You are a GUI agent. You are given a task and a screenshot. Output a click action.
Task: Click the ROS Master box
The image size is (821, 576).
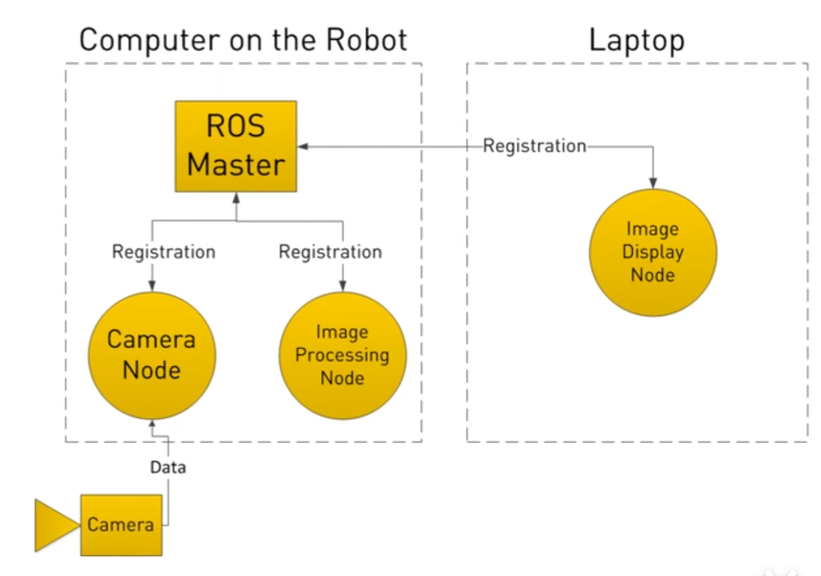236,146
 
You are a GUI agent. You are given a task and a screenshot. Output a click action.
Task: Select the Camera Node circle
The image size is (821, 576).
152,355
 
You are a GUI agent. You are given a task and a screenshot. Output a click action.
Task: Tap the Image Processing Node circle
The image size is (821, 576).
342,355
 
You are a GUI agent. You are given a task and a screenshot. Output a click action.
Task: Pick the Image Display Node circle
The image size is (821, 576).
653,252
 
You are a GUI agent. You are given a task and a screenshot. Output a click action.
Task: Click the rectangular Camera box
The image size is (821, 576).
121,525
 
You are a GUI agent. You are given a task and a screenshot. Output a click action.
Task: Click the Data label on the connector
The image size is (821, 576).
168,467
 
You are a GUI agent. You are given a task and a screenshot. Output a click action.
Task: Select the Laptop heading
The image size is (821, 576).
637,41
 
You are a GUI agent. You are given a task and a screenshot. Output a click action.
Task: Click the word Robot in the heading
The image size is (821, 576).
367,40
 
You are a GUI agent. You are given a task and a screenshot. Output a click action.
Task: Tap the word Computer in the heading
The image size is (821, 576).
149,41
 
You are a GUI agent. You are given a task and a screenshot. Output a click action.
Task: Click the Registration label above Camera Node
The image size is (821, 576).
164,252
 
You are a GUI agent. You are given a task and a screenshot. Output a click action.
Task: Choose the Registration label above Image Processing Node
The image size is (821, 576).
330,252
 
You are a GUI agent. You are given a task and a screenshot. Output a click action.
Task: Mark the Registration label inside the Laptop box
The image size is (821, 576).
535,146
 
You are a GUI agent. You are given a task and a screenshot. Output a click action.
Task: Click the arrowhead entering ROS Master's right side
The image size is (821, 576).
303,147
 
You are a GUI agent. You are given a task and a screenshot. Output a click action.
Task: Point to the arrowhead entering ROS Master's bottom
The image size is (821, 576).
237,198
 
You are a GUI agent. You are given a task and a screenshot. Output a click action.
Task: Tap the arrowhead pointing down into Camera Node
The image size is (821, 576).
152,286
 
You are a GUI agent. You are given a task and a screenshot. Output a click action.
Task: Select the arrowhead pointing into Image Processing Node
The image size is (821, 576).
342,286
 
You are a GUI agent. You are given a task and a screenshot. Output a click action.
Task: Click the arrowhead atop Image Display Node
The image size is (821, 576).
653,183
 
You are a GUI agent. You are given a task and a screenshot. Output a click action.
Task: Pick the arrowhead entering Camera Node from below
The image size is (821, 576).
152,424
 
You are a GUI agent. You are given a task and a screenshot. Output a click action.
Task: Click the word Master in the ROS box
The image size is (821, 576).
236,165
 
